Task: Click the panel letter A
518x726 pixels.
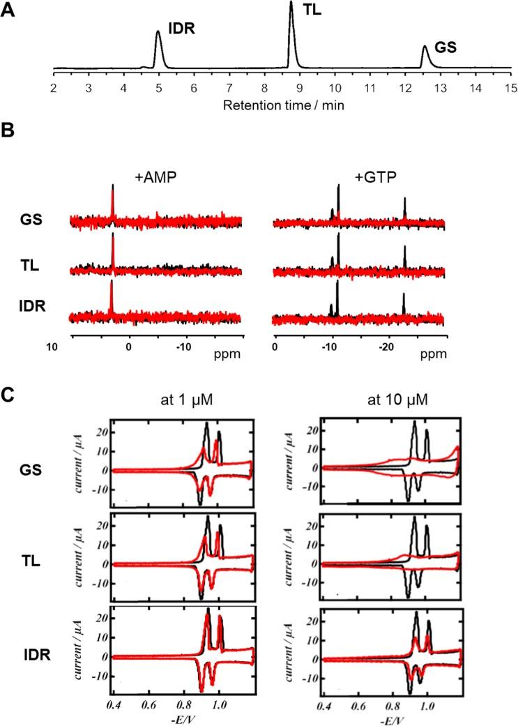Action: coord(10,11)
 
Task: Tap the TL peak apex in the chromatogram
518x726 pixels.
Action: coord(291,3)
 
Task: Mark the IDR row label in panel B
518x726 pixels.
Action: coord(33,305)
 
